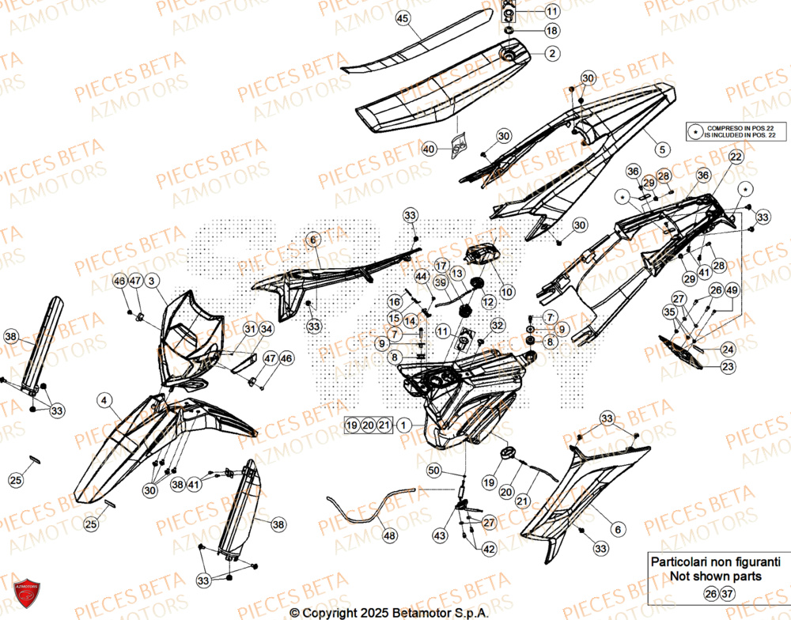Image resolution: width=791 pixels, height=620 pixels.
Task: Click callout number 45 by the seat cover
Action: (402, 18)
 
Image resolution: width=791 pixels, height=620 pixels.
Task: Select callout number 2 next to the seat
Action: (551, 54)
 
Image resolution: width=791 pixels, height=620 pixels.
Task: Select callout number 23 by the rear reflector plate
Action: (728, 365)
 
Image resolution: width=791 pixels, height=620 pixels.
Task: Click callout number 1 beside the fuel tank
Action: (404, 425)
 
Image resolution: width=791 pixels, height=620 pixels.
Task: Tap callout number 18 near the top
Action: (551, 30)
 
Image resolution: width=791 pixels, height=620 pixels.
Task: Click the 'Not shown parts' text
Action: (715, 576)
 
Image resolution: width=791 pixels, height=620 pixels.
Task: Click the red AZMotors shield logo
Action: (27, 595)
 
